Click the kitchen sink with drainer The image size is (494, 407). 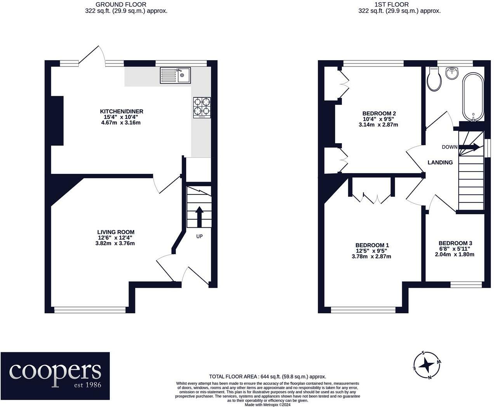click(x=175, y=76)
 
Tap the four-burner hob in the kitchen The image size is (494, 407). click(x=202, y=107)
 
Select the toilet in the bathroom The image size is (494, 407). click(x=434, y=79)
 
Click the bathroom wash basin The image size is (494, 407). click(x=452, y=73)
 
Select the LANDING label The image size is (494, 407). click(x=440, y=162)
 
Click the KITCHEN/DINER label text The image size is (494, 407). click(x=121, y=111)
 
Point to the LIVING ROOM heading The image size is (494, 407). click(x=116, y=232)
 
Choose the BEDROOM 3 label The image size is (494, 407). click(x=455, y=243)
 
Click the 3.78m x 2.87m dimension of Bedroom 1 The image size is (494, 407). click(x=371, y=256)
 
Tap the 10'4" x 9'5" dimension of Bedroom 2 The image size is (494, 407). click(x=378, y=119)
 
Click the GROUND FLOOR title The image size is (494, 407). click(x=121, y=4)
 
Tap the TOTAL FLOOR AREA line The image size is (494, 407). click(x=268, y=376)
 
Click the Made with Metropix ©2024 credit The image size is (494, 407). click(x=268, y=405)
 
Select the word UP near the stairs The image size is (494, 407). click(x=199, y=236)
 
